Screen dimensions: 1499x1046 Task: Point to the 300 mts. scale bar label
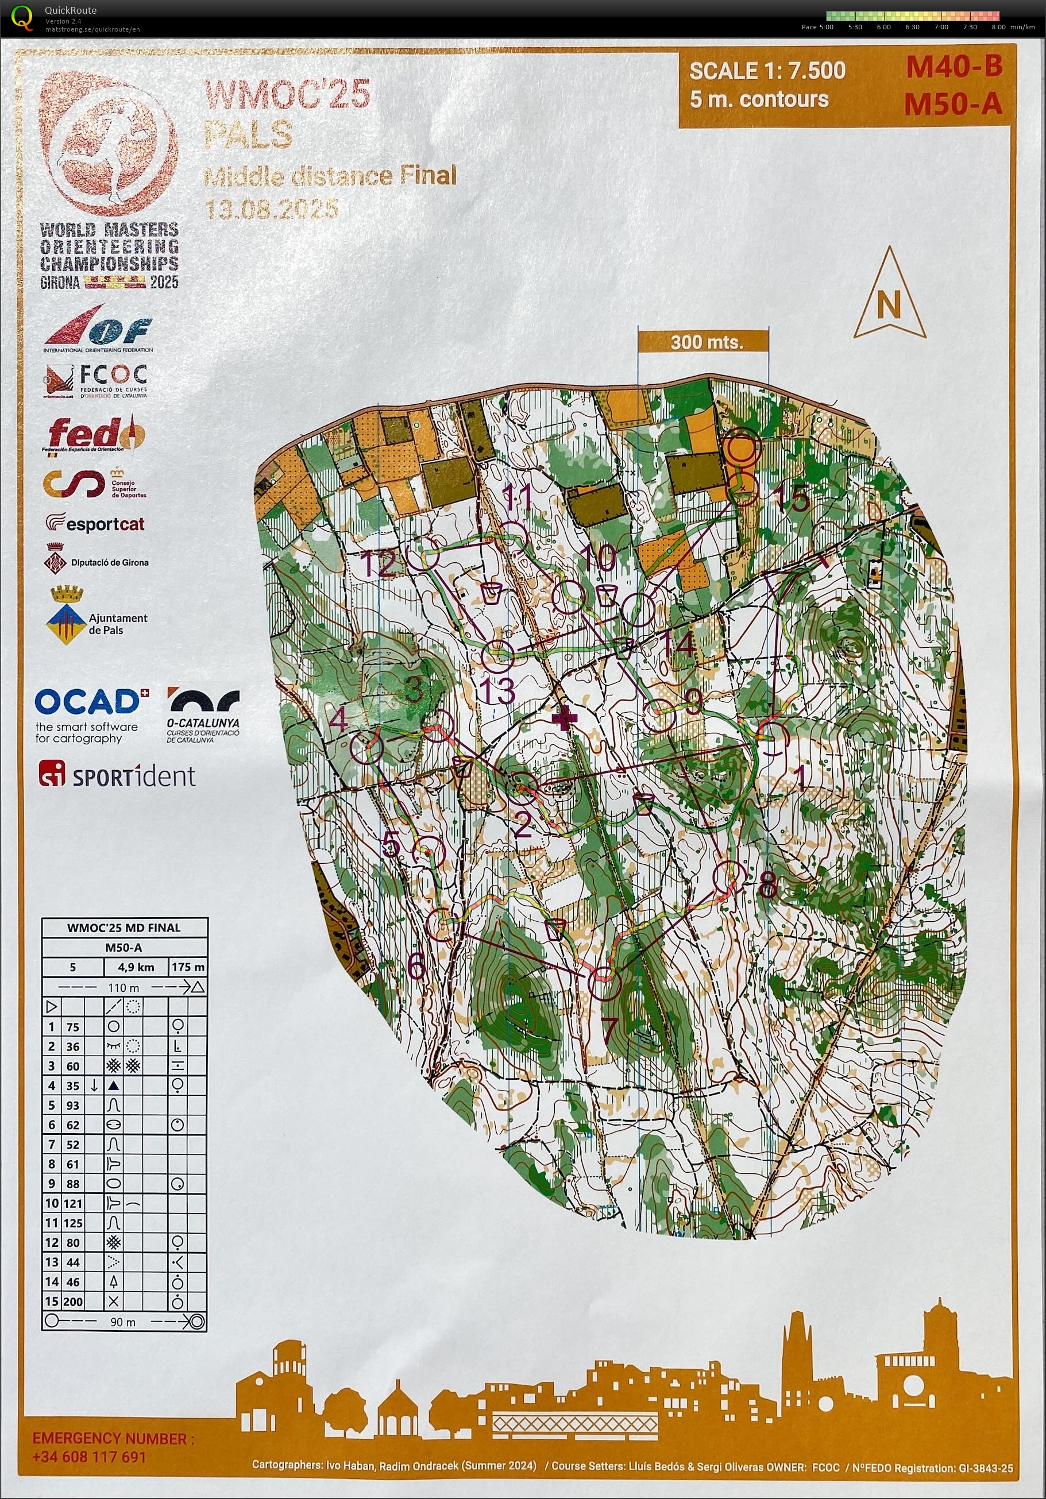point(707,342)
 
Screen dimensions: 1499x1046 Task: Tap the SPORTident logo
point(118,775)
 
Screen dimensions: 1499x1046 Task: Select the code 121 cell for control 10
point(72,1203)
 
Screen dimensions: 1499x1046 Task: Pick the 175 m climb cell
point(188,967)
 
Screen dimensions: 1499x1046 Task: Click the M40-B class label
point(954,67)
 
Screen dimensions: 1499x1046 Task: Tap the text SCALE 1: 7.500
point(767,71)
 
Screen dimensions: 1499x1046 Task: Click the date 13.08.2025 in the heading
point(271,209)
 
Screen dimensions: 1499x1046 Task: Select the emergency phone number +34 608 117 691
point(89,1456)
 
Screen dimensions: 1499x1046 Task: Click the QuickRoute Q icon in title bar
point(22,18)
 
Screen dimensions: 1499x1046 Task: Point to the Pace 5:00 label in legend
point(817,27)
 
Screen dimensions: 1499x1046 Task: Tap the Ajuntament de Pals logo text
point(118,624)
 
